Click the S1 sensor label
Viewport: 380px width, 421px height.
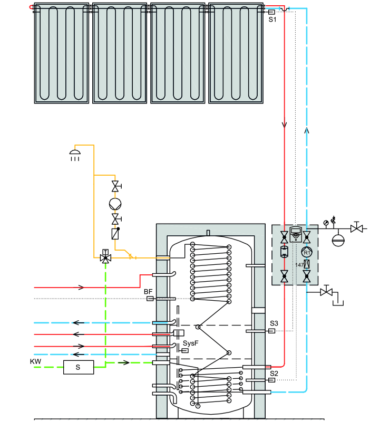[x=272, y=20]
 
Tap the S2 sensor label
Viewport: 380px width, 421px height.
[x=274, y=373]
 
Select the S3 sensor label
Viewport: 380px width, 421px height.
[x=274, y=323]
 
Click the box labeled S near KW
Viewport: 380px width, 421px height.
[x=79, y=367]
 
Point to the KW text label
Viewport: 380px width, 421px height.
[x=36, y=361]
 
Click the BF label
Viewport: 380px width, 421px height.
[x=148, y=292]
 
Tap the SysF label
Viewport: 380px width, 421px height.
[x=191, y=343]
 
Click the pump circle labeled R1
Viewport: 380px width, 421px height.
[x=307, y=252]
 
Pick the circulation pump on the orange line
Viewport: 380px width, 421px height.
[x=115, y=204]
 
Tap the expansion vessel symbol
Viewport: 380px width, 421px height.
[x=338, y=240]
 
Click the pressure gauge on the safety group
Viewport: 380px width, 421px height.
[x=326, y=223]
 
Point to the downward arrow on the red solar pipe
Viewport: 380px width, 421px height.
[x=284, y=125]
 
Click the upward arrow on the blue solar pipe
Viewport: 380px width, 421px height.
[x=307, y=130]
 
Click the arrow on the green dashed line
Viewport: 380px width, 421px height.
[x=124, y=363]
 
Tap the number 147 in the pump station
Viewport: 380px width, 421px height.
[x=299, y=265]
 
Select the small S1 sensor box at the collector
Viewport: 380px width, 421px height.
[x=271, y=12]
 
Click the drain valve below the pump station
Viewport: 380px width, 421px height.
[x=326, y=292]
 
